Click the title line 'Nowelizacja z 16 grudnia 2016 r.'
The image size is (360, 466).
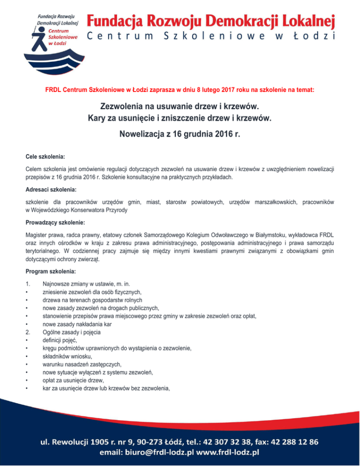click(x=180, y=136)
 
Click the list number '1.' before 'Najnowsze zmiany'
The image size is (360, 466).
click(x=28, y=283)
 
